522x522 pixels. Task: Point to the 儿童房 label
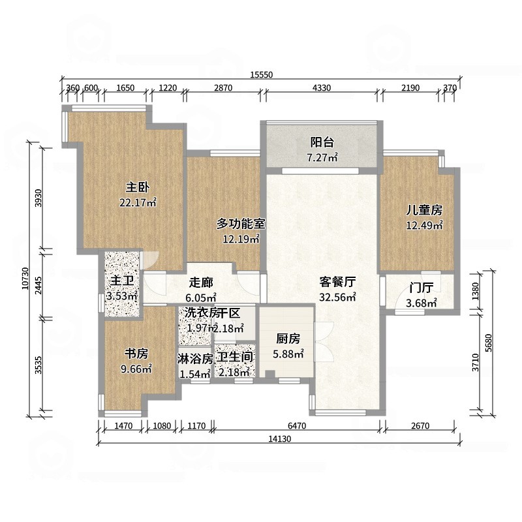(424, 210)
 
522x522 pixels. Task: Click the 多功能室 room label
(241, 224)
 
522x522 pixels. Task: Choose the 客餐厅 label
(337, 283)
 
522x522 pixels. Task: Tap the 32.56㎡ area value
(337, 297)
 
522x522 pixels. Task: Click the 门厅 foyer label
(422, 288)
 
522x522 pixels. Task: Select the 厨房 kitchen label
(288, 339)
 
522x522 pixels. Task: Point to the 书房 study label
(137, 354)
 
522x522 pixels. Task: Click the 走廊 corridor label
(202, 283)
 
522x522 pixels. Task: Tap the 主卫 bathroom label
(122, 281)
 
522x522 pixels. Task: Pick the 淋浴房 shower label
(194, 358)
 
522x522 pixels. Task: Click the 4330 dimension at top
(322, 88)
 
